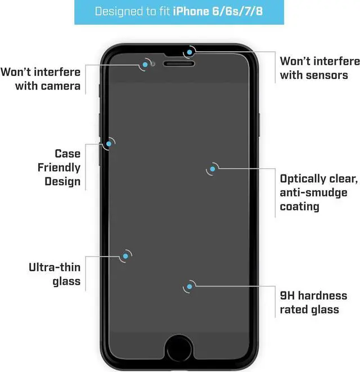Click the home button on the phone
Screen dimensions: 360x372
click(x=179, y=345)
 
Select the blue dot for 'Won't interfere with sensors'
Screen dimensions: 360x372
click(x=190, y=52)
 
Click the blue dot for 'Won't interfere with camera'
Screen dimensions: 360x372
click(x=145, y=65)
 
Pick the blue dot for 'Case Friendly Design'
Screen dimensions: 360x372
click(x=107, y=144)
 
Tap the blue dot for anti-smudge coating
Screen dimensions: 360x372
click(x=213, y=168)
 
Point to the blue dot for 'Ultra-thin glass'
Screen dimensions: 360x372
click(x=124, y=256)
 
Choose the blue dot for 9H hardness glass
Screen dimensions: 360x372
click(x=190, y=287)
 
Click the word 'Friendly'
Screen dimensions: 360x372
click(x=59, y=167)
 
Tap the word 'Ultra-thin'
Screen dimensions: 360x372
click(x=55, y=267)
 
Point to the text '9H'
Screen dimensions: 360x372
click(x=287, y=295)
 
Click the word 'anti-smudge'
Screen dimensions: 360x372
click(x=314, y=192)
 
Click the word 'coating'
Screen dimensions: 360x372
click(x=299, y=207)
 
